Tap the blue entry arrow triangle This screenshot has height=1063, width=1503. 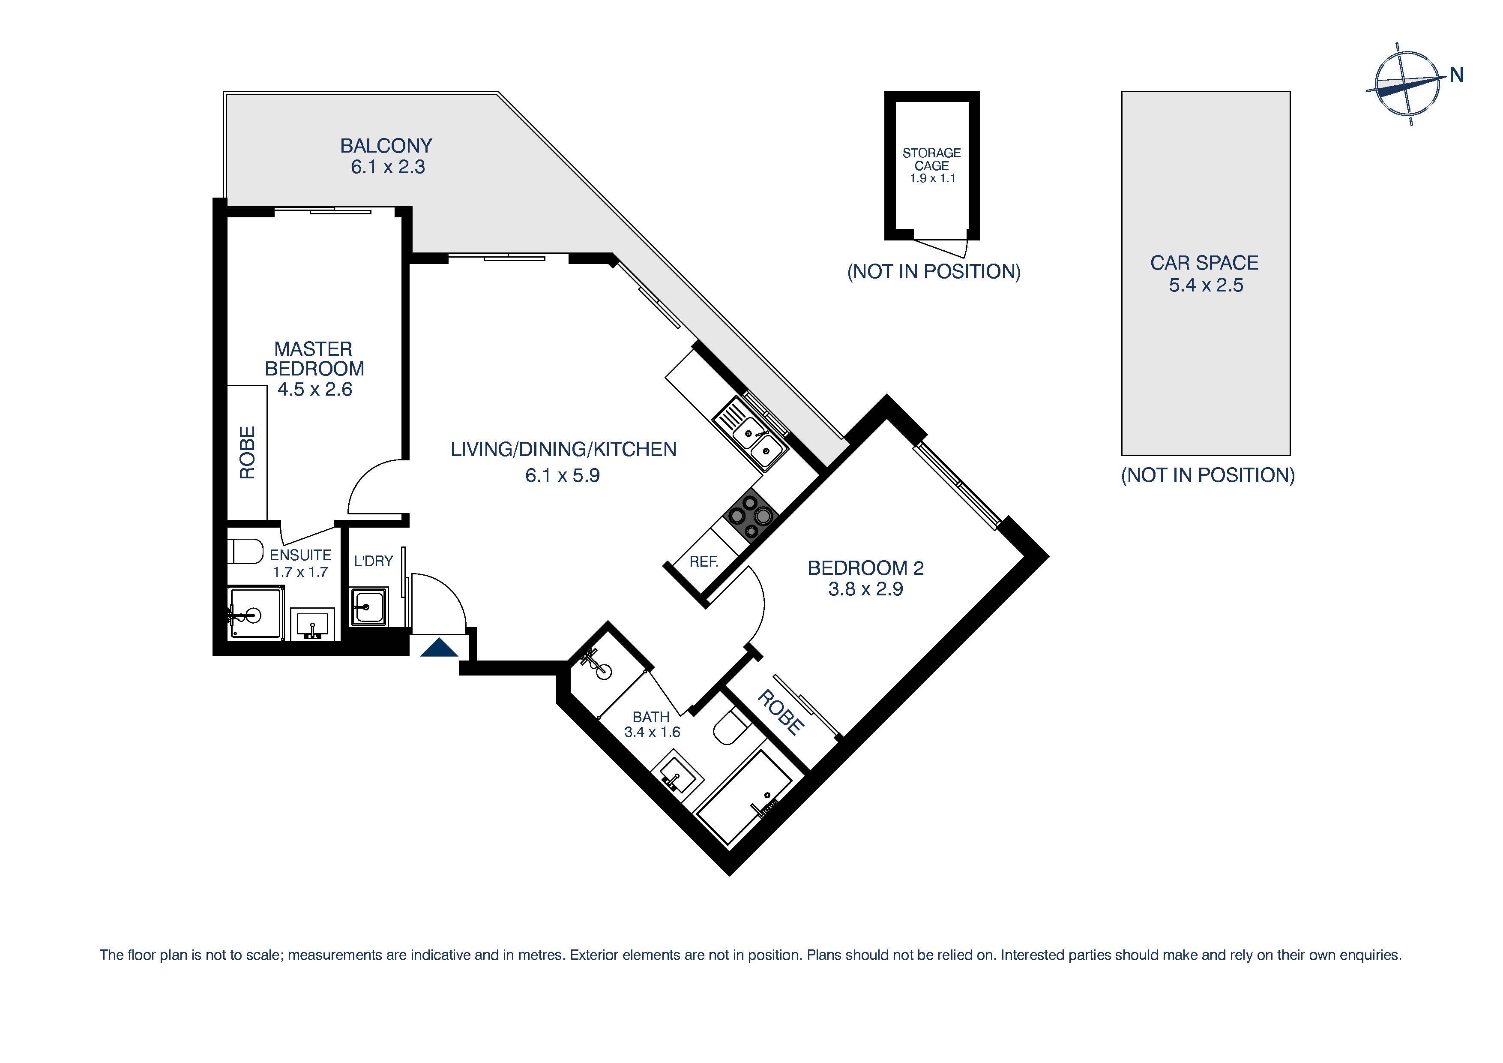(x=439, y=649)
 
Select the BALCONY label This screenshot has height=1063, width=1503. (x=386, y=145)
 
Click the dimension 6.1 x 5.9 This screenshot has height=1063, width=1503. (x=562, y=475)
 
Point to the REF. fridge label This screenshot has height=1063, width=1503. (x=704, y=562)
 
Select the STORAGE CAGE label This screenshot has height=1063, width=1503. (x=931, y=159)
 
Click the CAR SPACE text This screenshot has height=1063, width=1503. (x=1204, y=263)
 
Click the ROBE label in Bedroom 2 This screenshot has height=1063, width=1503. (x=780, y=713)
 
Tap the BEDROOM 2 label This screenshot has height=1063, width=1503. (x=865, y=568)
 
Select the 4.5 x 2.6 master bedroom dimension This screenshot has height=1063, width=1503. (x=315, y=390)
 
